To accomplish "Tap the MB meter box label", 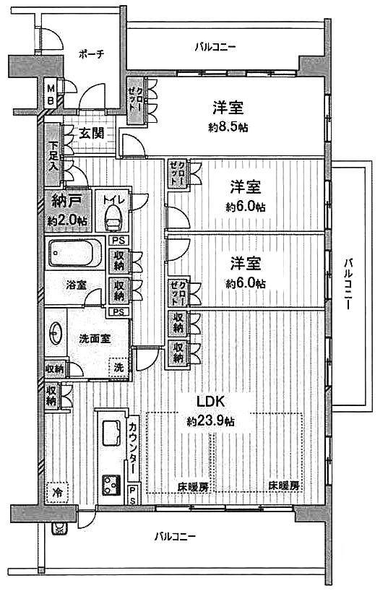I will coord(51,95).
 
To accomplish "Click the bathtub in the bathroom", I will coord(77,254).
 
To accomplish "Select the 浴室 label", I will coord(77,285).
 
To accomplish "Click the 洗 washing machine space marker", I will coord(118,367).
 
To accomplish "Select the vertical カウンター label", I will coord(134,448).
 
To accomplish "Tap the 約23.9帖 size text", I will coord(210,420).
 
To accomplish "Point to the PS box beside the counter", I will coord(133,495).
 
